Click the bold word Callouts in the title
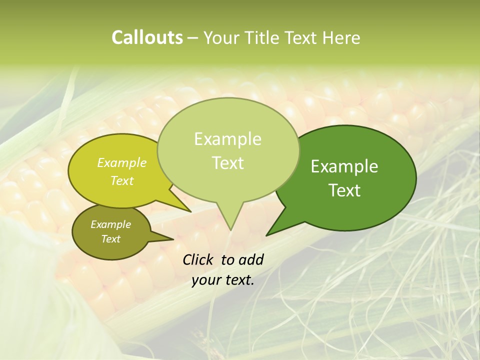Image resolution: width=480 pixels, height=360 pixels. point(147,37)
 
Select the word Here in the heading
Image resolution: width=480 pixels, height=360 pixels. point(341,37)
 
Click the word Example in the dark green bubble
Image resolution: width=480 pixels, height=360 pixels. point(344,166)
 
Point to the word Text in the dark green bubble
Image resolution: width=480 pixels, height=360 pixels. point(344,190)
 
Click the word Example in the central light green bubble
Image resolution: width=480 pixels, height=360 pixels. point(227,139)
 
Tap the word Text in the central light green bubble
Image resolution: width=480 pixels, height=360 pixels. point(227,163)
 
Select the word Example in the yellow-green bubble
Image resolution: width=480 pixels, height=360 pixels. point(122,162)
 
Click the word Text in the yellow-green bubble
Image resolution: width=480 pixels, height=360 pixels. point(122,180)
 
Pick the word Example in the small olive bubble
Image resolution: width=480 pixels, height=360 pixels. point(110,224)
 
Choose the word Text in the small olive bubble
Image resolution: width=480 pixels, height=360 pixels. point(110,239)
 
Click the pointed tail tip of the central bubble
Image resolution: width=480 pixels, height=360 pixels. point(230,230)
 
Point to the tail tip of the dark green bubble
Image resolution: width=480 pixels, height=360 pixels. point(266,235)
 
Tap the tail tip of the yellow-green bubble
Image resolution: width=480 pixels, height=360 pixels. point(191,212)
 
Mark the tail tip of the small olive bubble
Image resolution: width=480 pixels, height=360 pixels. point(173,239)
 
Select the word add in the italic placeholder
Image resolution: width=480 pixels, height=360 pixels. point(251,259)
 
